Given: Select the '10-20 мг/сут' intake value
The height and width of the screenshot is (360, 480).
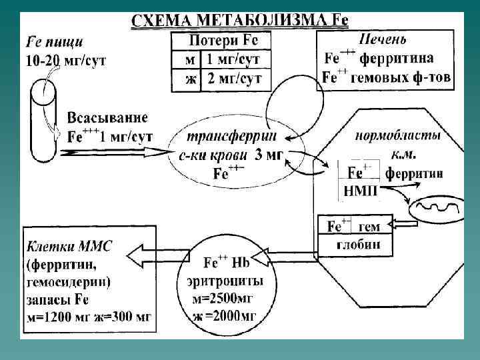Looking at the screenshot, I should [66, 61].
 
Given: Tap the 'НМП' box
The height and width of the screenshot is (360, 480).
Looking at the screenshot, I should [360, 191].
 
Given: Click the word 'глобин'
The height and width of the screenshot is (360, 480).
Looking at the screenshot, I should [361, 244].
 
